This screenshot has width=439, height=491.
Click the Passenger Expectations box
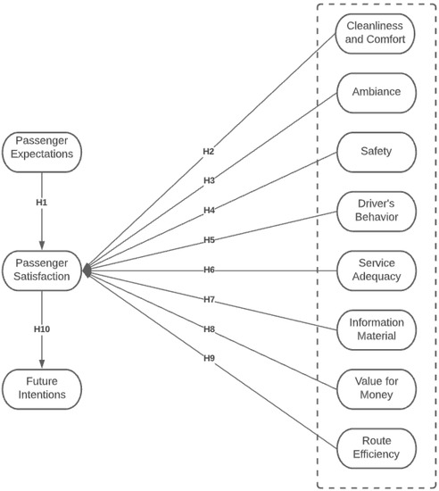[x=42, y=152]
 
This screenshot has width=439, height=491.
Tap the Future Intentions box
[x=42, y=388]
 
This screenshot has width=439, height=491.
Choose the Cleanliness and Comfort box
[x=376, y=33]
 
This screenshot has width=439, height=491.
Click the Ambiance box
[x=376, y=92]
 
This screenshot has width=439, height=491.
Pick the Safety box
[x=376, y=152]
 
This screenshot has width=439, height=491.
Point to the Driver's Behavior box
[x=376, y=211]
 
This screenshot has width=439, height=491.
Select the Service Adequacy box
[x=376, y=270]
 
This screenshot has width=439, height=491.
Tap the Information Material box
[x=376, y=329]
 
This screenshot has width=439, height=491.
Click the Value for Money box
[x=376, y=388]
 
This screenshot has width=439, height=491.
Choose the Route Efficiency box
[x=376, y=447]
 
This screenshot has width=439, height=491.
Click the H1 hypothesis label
[x=42, y=203]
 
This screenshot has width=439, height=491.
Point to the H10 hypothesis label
[x=42, y=329]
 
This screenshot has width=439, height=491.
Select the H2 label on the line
[x=208, y=152]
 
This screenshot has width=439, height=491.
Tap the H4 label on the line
[x=208, y=211]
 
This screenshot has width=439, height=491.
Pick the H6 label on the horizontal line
[x=208, y=270]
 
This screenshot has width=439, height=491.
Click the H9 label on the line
[x=208, y=358]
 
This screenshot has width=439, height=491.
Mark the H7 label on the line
[x=208, y=299]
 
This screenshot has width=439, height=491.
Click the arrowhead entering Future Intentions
[x=42, y=364]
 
